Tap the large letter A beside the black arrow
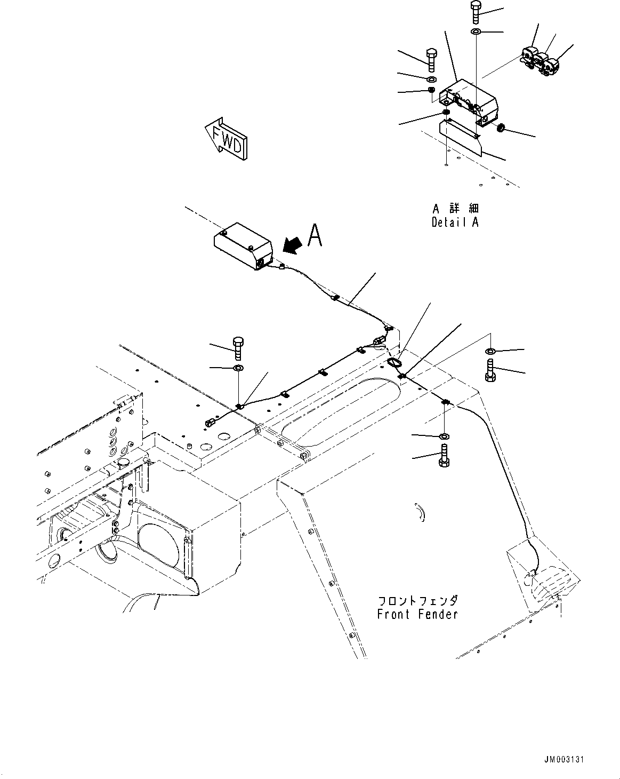click(315, 235)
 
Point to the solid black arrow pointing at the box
click(292, 244)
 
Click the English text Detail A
click(455, 222)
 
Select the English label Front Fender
click(417, 614)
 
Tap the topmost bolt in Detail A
click(476, 12)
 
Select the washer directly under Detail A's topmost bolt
click(476, 33)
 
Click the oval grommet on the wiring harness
click(394, 363)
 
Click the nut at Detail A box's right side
click(501, 128)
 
